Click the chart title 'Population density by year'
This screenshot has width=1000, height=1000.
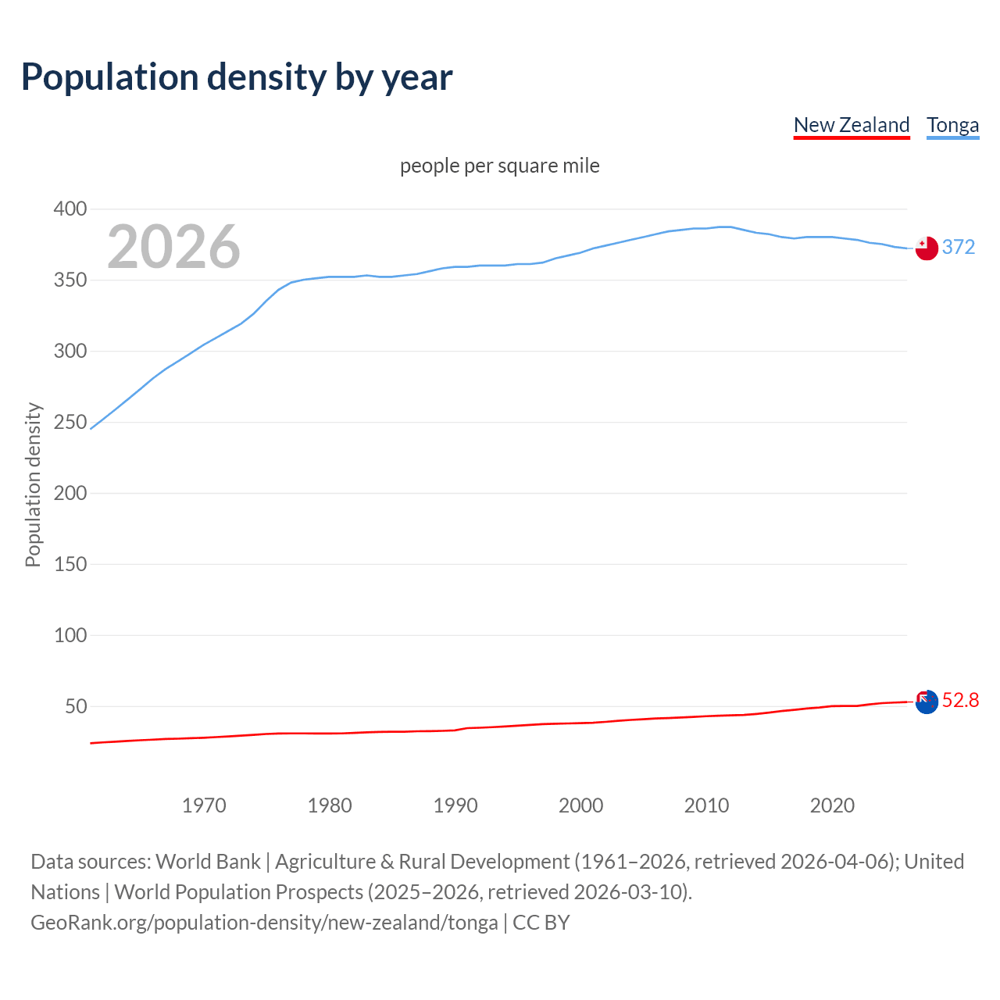point(237,77)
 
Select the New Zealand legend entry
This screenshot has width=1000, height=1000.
point(852,125)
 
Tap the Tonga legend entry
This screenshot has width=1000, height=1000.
point(952,125)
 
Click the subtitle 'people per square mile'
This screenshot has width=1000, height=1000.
point(500,166)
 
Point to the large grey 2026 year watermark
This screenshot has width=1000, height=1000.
point(173,247)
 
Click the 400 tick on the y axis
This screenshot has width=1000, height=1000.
point(70,209)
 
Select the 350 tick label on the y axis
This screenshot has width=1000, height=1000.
point(70,280)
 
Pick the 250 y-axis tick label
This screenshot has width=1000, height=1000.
point(70,422)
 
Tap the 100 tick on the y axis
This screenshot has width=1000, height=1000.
point(70,635)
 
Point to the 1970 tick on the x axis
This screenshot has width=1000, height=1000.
point(204,805)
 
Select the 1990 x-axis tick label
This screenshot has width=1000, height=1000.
point(455,805)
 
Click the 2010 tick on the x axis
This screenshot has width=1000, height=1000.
point(706,805)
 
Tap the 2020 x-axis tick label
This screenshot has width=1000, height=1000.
point(832,805)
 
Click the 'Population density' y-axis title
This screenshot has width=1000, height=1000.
point(33,484)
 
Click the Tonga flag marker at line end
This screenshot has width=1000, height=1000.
point(926,248)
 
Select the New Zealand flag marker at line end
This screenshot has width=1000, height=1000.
point(926,702)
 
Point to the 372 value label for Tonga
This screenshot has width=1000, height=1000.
point(959,247)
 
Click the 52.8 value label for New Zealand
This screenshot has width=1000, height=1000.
point(960,700)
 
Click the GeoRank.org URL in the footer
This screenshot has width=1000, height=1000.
point(264,923)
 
